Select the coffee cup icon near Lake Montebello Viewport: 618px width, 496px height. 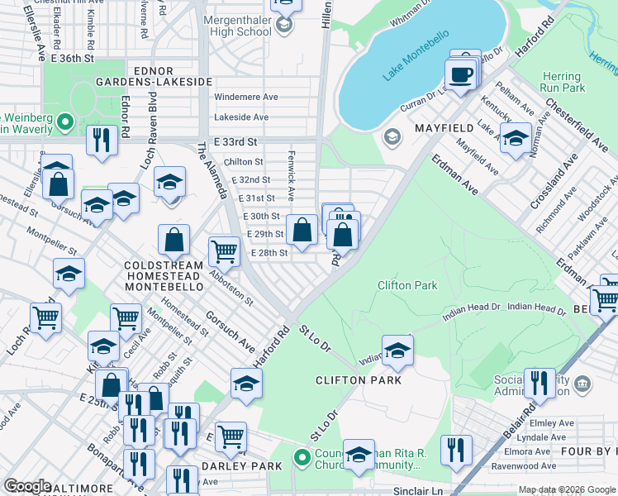[461, 75]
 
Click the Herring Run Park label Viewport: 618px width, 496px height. [562, 82]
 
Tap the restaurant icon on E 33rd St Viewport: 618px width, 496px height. [102, 141]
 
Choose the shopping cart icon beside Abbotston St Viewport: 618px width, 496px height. [223, 250]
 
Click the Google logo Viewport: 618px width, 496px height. [27, 485]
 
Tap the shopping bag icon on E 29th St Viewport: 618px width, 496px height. [302, 231]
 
